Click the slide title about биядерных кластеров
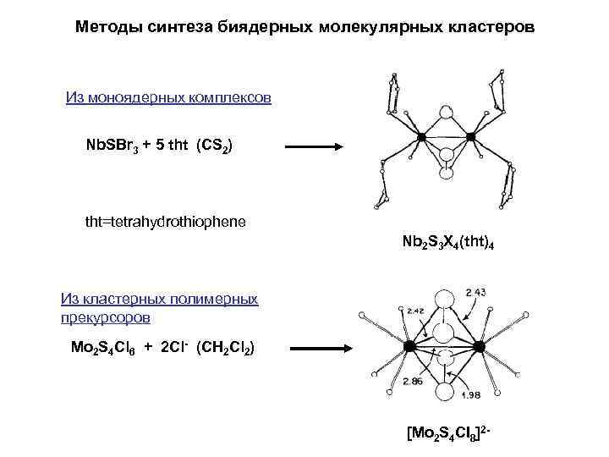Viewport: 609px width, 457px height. [x=304, y=27]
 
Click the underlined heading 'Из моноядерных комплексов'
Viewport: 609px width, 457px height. [x=168, y=97]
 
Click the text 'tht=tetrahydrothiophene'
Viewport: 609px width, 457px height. [x=166, y=222]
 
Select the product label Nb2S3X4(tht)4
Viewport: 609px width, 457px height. [x=448, y=243]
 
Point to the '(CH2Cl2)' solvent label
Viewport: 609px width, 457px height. [x=222, y=348]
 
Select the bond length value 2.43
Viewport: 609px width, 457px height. [x=476, y=293]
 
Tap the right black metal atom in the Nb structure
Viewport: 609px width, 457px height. [x=471, y=135]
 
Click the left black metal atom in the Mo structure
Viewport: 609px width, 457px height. [x=409, y=347]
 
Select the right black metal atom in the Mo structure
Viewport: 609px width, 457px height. [x=480, y=346]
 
